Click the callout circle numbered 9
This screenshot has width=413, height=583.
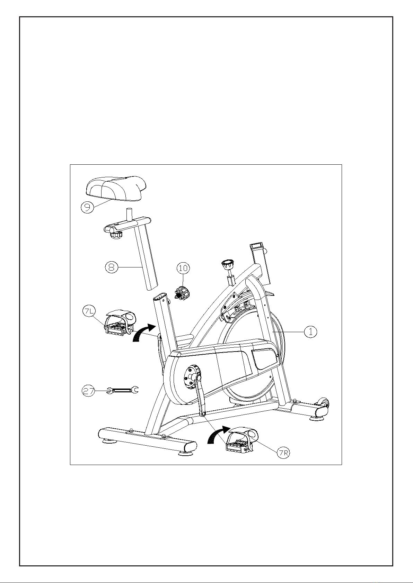(x=87, y=208)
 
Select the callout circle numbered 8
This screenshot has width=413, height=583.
(x=112, y=267)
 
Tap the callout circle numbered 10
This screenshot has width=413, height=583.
(x=183, y=268)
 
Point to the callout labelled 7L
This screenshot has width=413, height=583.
(x=89, y=311)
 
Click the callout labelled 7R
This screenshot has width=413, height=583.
(x=283, y=453)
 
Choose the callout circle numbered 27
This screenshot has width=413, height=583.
(x=89, y=391)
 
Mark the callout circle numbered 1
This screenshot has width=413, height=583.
(x=310, y=332)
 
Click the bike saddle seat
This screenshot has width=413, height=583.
(x=116, y=189)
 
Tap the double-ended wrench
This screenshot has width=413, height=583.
(x=123, y=390)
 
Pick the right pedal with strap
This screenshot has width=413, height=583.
(x=242, y=439)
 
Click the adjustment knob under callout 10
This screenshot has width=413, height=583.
(x=182, y=293)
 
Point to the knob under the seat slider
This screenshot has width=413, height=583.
(x=116, y=235)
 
